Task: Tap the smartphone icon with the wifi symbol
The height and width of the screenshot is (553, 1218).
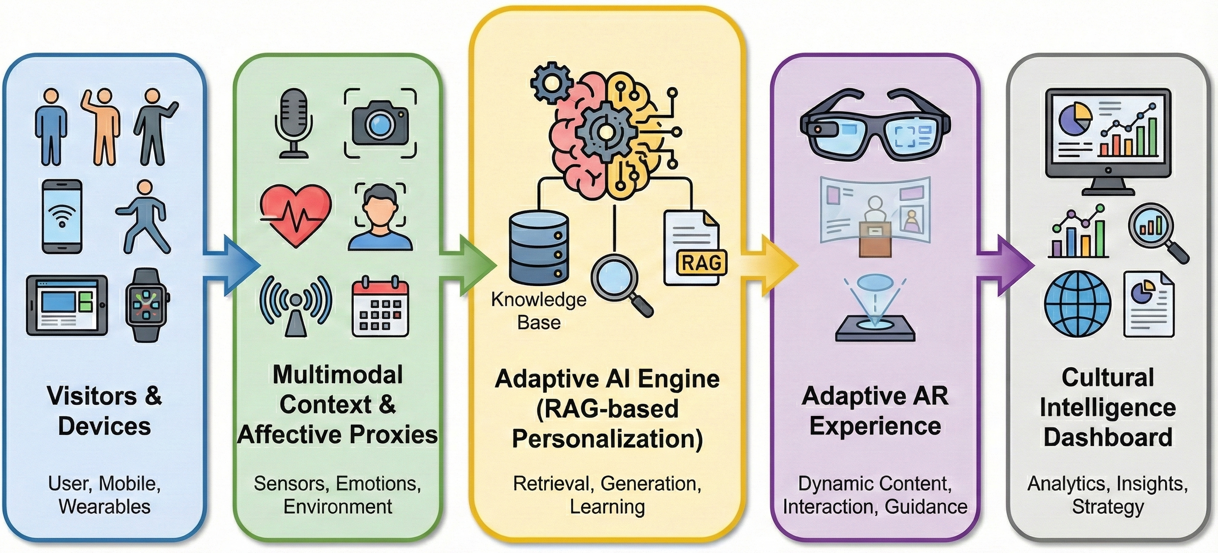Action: tap(62, 217)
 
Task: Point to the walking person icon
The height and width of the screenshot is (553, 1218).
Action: tap(144, 217)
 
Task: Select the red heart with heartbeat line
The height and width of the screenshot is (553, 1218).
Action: tap(296, 215)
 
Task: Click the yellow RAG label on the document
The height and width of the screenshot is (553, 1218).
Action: tap(702, 263)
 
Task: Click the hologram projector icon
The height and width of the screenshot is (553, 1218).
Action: tap(875, 309)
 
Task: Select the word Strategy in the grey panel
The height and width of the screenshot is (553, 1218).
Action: tap(1108, 507)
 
